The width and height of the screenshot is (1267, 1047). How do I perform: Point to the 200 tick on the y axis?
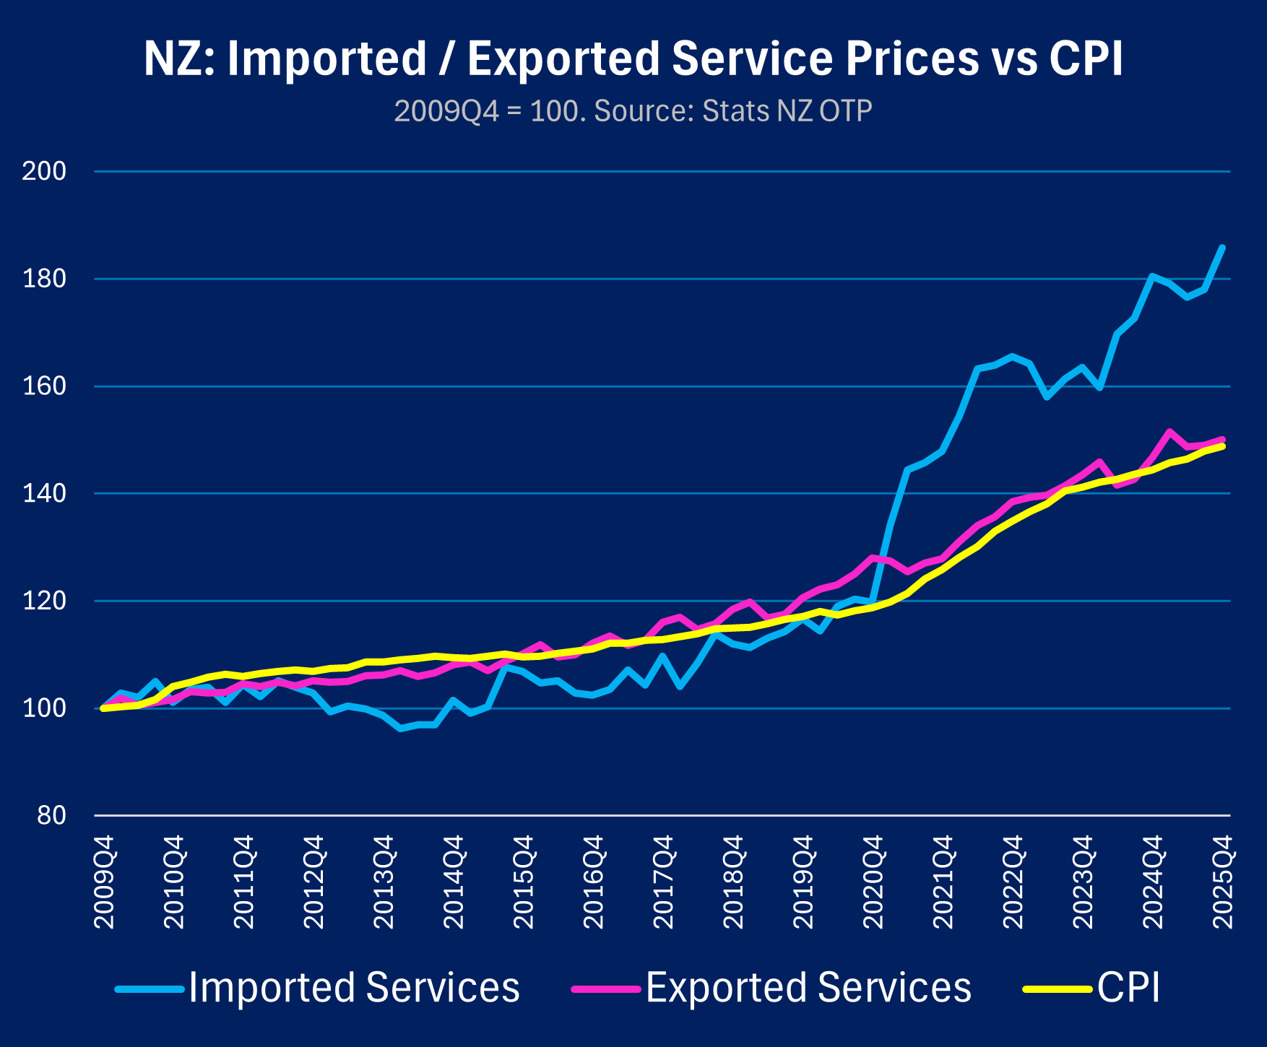(x=44, y=172)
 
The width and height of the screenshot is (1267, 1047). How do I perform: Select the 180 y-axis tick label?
(x=44, y=279)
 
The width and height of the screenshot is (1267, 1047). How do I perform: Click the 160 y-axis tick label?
(x=44, y=386)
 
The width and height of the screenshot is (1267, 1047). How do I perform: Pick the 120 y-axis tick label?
(x=44, y=601)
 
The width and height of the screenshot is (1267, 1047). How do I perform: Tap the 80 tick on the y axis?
(x=51, y=816)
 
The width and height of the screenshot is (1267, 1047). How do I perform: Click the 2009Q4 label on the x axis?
(x=105, y=882)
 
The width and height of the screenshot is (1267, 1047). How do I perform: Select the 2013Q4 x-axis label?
(x=384, y=882)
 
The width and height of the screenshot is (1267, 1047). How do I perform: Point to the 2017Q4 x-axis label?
(x=664, y=882)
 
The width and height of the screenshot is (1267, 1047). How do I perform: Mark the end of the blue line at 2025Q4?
(x=1222, y=248)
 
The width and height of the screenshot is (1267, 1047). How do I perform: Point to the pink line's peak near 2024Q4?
(x=1169, y=432)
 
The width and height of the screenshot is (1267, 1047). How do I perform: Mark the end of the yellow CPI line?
(x=1222, y=446)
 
